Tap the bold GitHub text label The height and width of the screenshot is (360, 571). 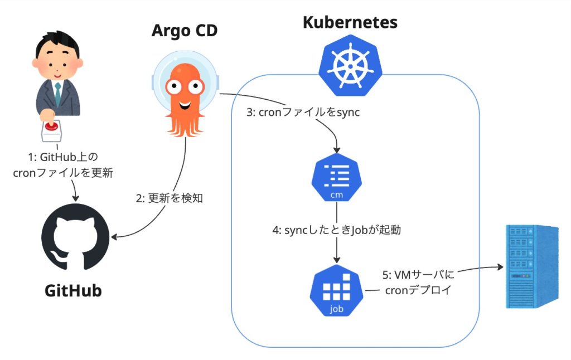click(73, 290)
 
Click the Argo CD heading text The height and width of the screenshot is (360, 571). click(184, 31)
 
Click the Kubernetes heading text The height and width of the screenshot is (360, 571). click(350, 22)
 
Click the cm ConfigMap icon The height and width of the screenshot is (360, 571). click(336, 180)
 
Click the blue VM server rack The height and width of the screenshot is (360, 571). click(531, 266)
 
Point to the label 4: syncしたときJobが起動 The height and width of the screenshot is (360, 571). click(337, 230)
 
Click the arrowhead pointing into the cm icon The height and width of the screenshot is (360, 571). click(336, 151)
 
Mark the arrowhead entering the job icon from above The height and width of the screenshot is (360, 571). click(336, 260)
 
